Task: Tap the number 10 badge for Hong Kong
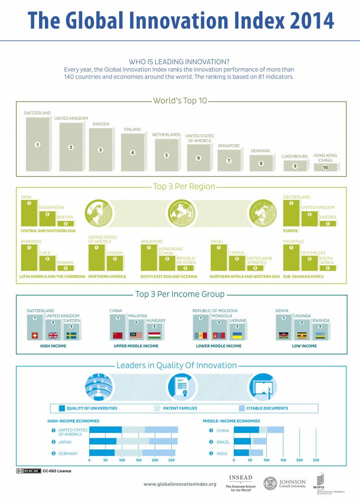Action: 325,167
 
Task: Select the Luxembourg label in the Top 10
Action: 294,156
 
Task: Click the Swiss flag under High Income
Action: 35,335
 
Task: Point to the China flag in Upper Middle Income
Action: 118,335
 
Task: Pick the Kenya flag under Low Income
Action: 283,335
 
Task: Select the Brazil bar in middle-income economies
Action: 250,441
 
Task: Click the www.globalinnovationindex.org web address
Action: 180,484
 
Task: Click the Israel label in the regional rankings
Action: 216,241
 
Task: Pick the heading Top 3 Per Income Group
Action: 180,294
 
